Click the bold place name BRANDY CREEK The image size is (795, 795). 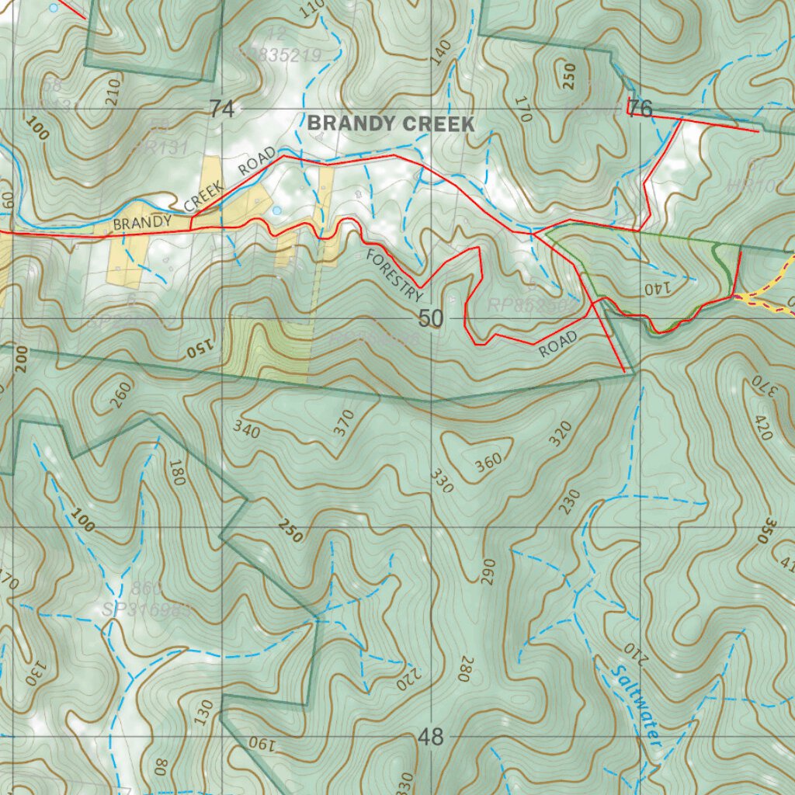click(x=391, y=123)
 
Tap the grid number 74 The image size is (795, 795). click(x=221, y=110)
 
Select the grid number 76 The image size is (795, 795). click(x=641, y=109)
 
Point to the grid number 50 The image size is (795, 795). click(x=431, y=318)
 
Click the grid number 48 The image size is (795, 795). click(x=431, y=737)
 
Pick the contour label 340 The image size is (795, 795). click(x=246, y=429)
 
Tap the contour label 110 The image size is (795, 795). click(x=311, y=9)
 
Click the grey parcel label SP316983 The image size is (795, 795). click(x=147, y=610)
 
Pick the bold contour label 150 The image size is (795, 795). click(x=200, y=350)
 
